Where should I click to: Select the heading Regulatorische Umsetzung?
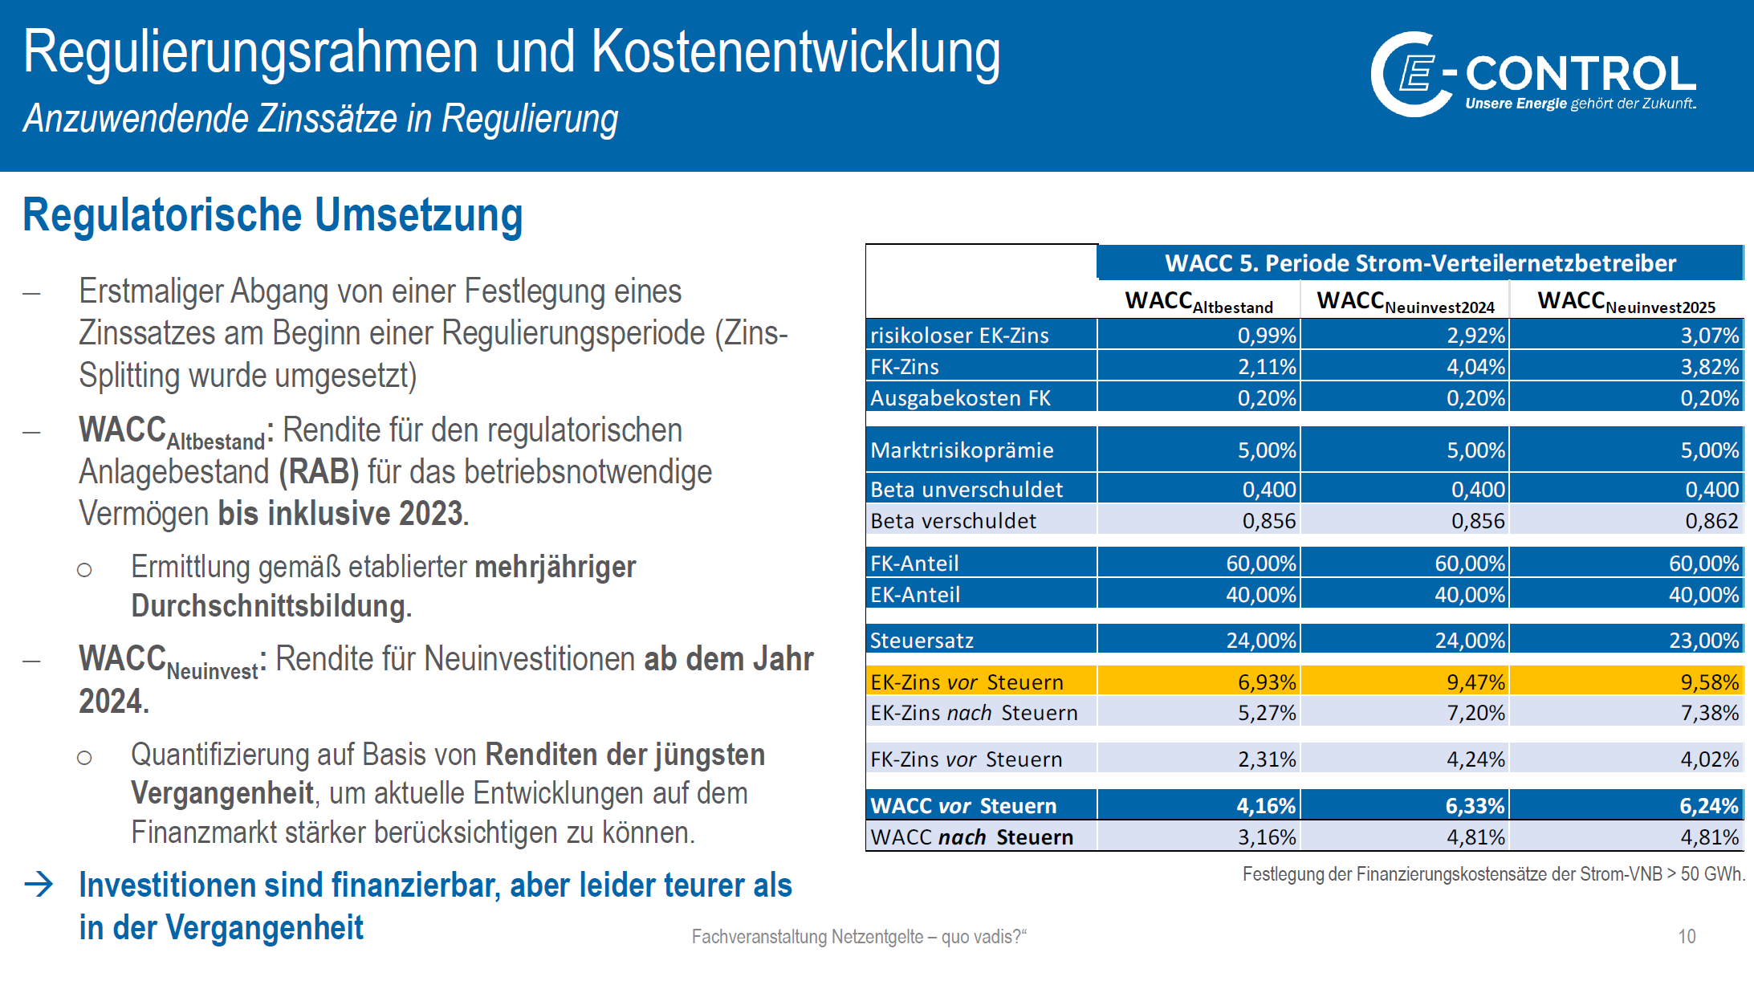tap(272, 216)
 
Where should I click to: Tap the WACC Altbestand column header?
tap(1198, 302)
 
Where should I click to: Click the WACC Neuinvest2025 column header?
tap(1626, 302)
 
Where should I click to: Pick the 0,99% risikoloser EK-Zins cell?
tap(1266, 336)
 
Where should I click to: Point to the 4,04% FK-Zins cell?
tap(1475, 367)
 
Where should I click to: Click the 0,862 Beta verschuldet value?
tap(1711, 521)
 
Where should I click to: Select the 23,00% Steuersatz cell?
tap(1703, 641)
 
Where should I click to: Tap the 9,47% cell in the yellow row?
tap(1475, 682)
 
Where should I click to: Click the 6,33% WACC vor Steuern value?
tap(1475, 806)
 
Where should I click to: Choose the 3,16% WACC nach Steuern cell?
tap(1266, 837)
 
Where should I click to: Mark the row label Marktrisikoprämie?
tap(962, 450)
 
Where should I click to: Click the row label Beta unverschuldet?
tap(967, 490)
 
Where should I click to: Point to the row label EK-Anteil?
tap(915, 595)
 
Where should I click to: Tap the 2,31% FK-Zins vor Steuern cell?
tap(1266, 759)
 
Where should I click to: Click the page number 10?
tap(1687, 936)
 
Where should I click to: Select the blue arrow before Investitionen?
tap(39, 885)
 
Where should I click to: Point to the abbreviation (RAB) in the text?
tap(319, 472)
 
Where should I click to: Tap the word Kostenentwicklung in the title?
tap(796, 52)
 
